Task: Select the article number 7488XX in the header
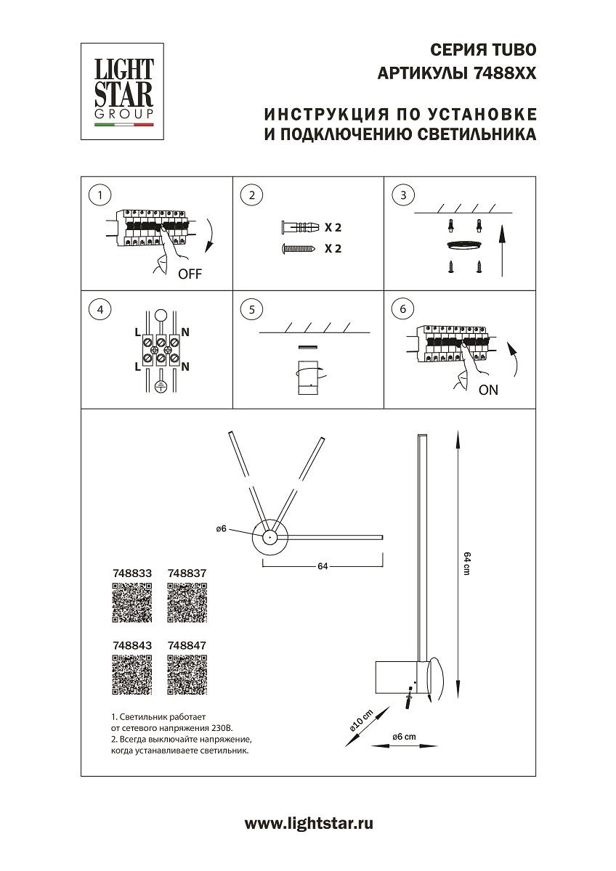coord(503,73)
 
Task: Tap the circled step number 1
coord(100,195)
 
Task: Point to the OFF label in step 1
coord(190,274)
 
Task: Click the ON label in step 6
coord(489,390)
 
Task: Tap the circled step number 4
coord(100,309)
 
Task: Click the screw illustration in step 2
coord(298,249)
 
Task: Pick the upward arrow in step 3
coord(501,250)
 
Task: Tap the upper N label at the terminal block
coord(185,333)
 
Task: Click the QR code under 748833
coord(132,602)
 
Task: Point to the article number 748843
coord(132,644)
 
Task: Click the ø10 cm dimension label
coord(361,720)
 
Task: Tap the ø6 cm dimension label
coord(404,737)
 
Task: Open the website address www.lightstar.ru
coord(309,823)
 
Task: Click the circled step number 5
coord(251,309)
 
